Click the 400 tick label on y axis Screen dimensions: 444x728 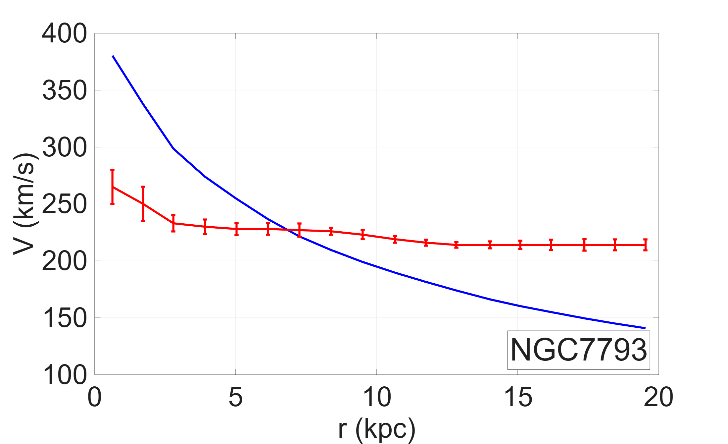click(64, 34)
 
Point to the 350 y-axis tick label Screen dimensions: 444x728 click(64, 91)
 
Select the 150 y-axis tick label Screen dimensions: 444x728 click(64, 318)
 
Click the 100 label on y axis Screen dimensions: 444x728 click(64, 375)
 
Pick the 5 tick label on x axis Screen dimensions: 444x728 click(235, 397)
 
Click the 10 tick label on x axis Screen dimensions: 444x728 click(377, 397)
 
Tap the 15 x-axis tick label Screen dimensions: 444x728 click(518, 397)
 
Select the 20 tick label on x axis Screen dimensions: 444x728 click(658, 397)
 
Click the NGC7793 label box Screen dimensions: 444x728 click(578, 350)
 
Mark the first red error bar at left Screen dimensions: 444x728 click(113, 187)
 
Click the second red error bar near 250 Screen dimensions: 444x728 click(143, 204)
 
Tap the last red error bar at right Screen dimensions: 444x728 click(645, 245)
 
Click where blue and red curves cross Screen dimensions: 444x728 click(287, 230)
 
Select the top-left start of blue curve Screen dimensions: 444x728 click(113, 56)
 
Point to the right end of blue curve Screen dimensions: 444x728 click(645, 328)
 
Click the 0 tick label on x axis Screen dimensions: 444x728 click(94, 397)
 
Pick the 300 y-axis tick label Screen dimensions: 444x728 click(64, 148)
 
